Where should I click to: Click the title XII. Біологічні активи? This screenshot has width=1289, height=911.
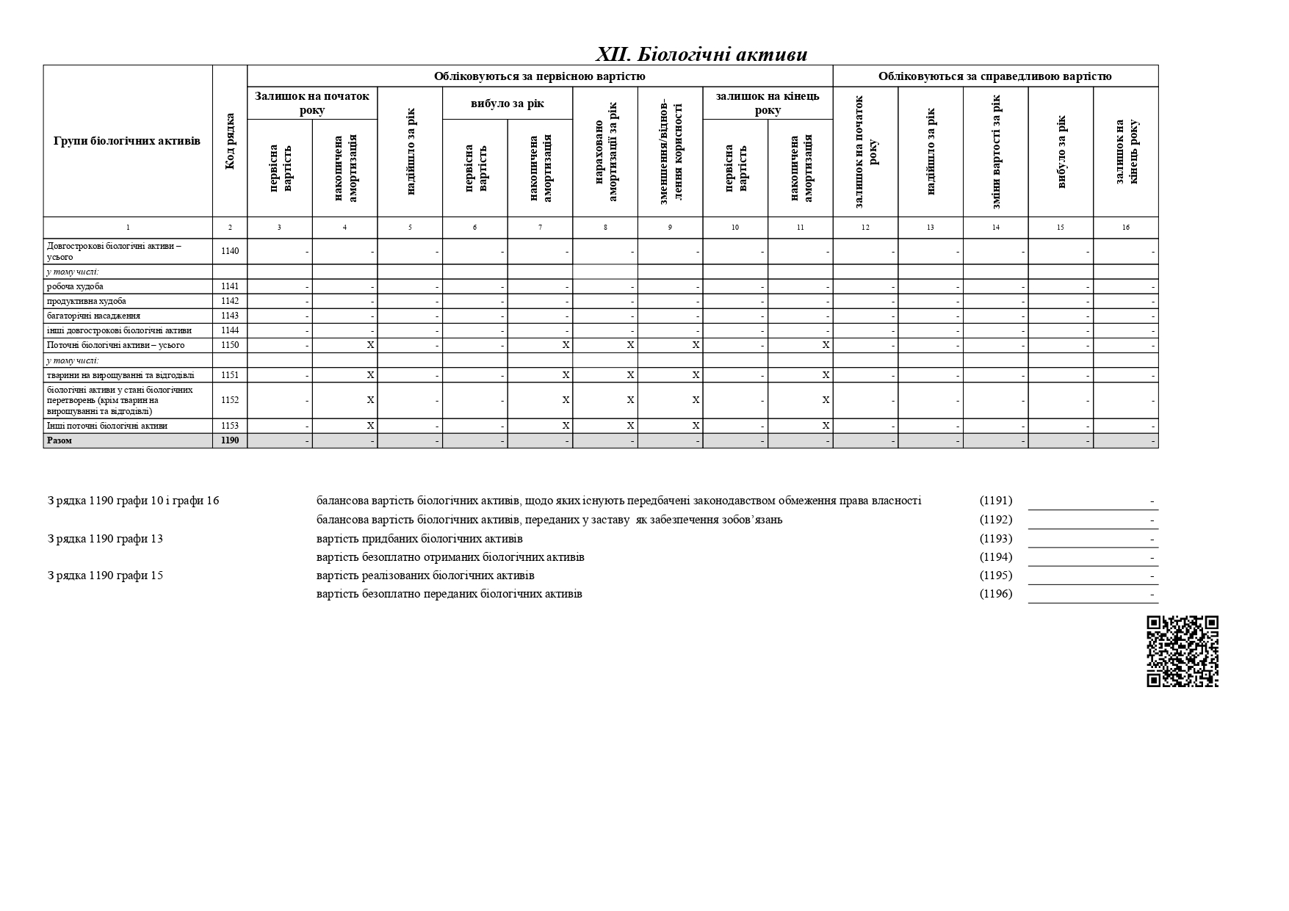[701, 54]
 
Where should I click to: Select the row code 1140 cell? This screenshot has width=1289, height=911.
[230, 251]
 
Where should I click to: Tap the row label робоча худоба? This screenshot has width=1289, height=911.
[75, 286]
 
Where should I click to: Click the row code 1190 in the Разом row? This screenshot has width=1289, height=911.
[230, 440]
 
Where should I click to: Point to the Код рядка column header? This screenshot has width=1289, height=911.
[230, 141]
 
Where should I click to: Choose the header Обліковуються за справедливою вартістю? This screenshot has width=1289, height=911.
[994, 76]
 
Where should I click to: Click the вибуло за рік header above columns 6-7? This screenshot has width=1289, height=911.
[507, 104]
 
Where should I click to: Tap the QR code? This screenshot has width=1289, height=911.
[1182, 651]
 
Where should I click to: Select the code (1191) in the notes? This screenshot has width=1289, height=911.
[995, 501]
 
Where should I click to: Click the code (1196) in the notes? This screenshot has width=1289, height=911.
[995, 594]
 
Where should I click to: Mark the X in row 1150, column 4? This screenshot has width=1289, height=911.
[370, 345]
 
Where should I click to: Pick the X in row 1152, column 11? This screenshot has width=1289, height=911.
[826, 400]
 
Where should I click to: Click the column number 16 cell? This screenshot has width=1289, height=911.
[1125, 228]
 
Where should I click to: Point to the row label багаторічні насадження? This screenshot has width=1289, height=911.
[93, 316]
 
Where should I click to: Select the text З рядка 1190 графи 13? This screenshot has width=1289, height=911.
[105, 539]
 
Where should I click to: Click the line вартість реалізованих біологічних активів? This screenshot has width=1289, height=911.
[425, 576]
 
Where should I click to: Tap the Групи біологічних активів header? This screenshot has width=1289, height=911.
[127, 141]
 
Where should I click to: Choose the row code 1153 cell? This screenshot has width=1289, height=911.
[230, 426]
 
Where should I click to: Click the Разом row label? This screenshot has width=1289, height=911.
[59, 440]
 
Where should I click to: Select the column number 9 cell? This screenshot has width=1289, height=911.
[669, 228]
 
